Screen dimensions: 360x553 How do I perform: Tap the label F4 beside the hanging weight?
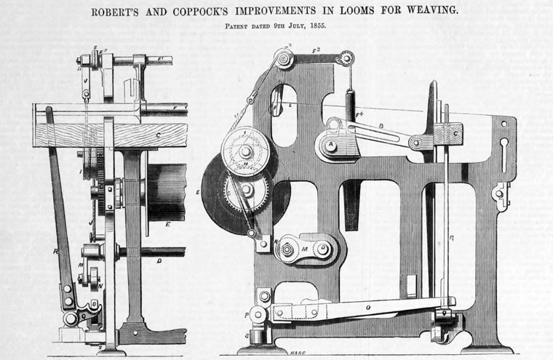pos(359,113)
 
